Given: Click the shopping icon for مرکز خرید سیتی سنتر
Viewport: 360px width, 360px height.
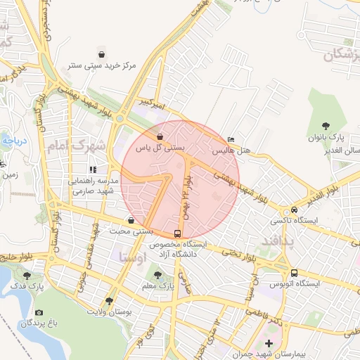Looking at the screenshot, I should click(103, 54).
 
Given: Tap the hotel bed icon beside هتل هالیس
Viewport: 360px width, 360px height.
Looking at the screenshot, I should click(232, 139).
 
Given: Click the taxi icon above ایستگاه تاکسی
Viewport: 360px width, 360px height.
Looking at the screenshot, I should click(294, 210).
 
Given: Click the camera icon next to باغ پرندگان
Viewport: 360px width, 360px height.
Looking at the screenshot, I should click(39, 312).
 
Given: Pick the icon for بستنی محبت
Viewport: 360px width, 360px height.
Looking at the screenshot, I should click(131, 220).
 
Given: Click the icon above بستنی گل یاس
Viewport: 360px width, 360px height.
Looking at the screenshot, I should click(160, 136).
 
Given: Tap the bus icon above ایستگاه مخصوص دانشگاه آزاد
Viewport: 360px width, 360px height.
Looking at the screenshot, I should click(176, 233).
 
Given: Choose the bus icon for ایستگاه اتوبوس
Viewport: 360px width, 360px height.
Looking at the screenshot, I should click(294, 273).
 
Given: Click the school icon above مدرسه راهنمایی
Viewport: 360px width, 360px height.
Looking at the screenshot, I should click(93, 169).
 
